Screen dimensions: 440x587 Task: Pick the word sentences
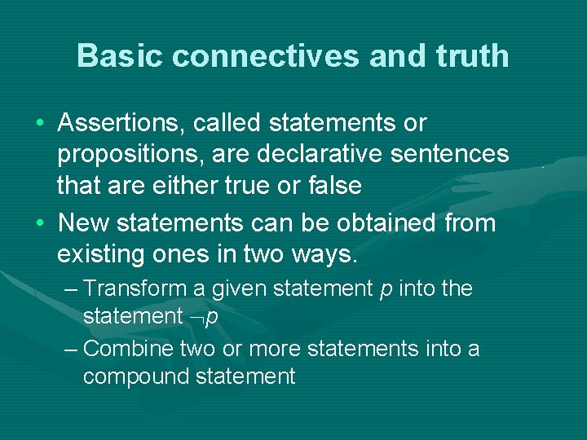[x=453, y=154]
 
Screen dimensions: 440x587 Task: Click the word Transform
[x=136, y=289]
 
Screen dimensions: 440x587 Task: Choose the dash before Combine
[x=70, y=350]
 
